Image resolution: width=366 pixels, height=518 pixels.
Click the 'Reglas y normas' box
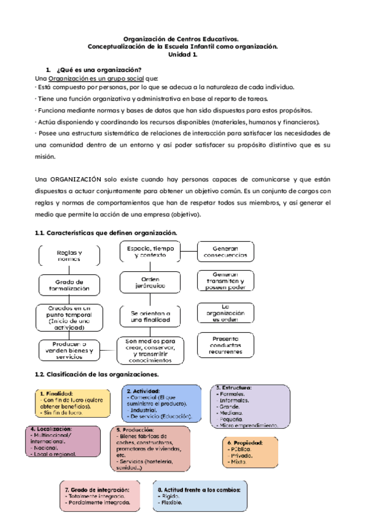click(x=69, y=255)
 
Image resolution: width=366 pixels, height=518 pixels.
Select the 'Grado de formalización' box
click(x=69, y=285)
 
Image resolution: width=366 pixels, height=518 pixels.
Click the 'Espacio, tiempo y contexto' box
click(x=151, y=252)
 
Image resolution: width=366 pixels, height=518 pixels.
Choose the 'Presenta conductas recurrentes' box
click(x=225, y=345)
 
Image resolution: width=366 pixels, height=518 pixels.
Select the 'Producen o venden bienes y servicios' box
click(x=69, y=351)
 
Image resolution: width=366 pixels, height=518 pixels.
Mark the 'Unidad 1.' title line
click(x=182, y=54)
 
